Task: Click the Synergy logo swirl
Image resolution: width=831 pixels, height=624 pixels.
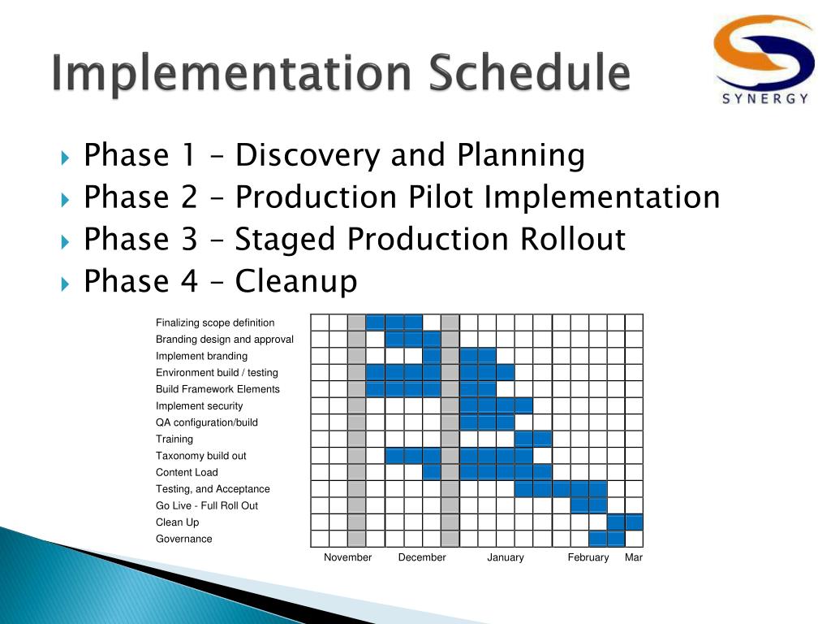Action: (x=763, y=52)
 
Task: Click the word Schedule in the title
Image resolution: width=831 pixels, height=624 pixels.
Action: (x=529, y=71)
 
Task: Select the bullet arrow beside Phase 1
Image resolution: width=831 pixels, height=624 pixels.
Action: (x=65, y=158)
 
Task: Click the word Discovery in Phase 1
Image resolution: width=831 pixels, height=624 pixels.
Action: (x=308, y=155)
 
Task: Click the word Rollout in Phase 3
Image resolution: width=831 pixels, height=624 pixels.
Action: (x=573, y=239)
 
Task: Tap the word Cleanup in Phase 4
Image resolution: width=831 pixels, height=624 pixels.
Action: (x=296, y=282)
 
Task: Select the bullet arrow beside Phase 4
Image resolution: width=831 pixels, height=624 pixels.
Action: (x=65, y=284)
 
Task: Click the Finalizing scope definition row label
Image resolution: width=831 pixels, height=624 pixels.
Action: (x=215, y=323)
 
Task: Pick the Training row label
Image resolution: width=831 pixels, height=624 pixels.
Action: (x=174, y=440)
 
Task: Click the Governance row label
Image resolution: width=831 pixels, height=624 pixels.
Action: (x=184, y=539)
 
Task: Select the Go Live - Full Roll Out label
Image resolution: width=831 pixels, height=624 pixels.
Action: (x=207, y=505)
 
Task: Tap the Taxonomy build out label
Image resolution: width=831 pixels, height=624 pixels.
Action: (x=201, y=456)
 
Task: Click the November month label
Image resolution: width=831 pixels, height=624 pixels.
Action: (x=347, y=557)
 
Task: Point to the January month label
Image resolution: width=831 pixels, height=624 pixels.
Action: (x=506, y=557)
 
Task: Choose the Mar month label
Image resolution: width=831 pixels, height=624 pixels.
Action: (x=634, y=557)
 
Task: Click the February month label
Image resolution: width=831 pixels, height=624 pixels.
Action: (x=588, y=557)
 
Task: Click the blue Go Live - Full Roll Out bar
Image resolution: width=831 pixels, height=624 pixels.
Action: (x=589, y=505)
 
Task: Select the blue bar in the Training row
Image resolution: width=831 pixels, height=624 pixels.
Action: (x=533, y=440)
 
